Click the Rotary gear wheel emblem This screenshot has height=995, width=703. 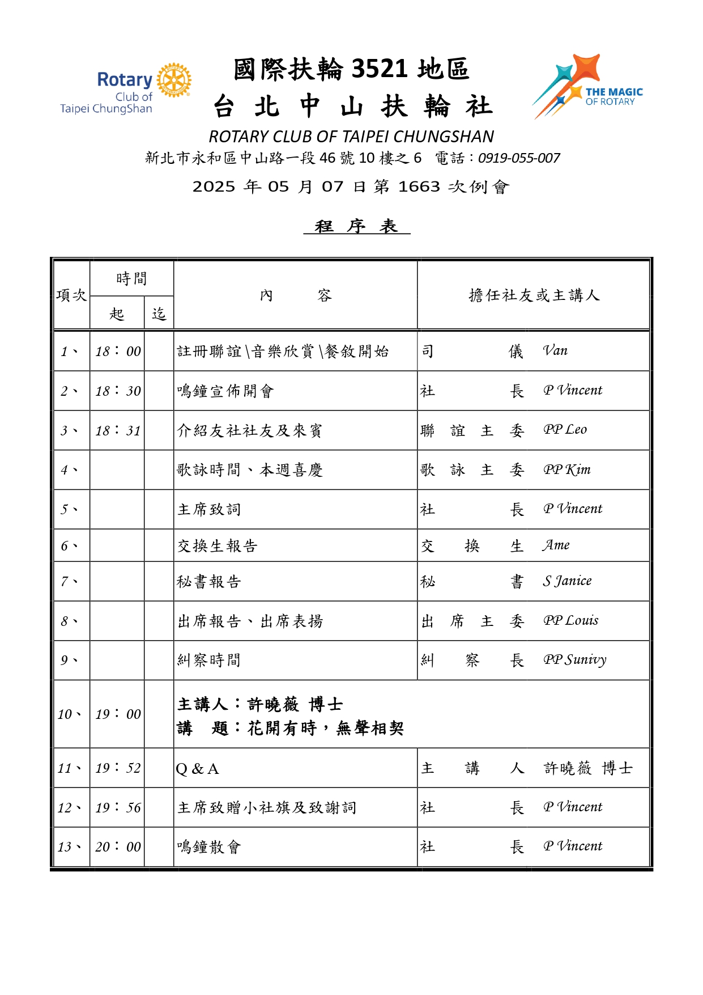174,80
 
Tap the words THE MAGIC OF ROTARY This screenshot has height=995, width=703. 613,96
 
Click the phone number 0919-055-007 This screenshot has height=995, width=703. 519,158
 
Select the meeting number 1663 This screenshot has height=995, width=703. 419,187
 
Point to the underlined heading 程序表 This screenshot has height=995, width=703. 356,226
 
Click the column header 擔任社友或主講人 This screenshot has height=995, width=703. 534,295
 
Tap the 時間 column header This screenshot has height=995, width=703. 131,278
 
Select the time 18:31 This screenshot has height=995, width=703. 118,430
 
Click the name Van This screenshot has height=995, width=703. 555,351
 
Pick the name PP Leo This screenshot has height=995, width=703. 565,430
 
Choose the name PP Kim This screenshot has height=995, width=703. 566,469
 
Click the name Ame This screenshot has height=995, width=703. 556,545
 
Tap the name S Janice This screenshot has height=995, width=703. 567,581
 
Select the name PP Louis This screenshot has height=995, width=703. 570,621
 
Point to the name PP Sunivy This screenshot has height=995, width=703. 574,660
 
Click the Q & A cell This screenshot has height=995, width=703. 197,769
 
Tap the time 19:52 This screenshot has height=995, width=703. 118,768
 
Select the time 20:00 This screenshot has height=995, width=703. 118,847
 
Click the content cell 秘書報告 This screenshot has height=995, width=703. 209,582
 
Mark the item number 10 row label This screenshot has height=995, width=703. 69,714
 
